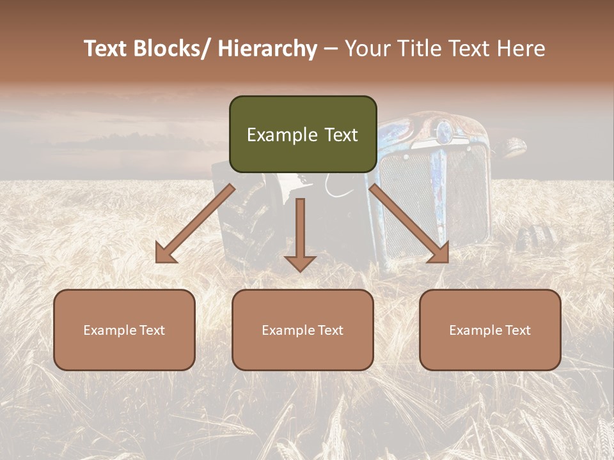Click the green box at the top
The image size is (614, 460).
click(303, 134)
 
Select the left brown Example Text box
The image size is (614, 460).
click(124, 330)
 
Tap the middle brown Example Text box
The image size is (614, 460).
click(303, 330)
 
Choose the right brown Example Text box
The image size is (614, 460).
click(490, 330)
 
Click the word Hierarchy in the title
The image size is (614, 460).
click(267, 49)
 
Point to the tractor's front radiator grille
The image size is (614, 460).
click(435, 198)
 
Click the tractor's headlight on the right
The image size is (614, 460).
click(512, 148)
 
